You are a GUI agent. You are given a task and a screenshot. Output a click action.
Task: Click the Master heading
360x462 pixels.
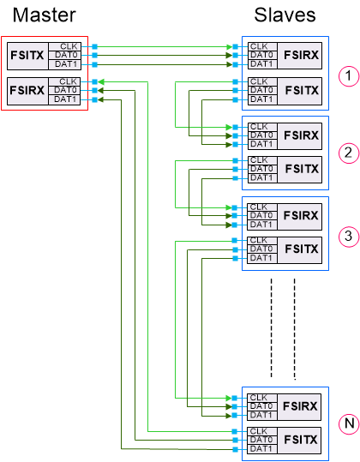pos(39,15)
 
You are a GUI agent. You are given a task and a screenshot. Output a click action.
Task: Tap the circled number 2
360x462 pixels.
pos(347,153)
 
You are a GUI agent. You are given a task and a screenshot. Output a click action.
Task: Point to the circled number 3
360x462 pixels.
pos(347,235)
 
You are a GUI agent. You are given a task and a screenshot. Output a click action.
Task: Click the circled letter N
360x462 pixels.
pos(347,423)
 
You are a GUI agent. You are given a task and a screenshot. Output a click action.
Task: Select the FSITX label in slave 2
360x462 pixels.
pos(301,171)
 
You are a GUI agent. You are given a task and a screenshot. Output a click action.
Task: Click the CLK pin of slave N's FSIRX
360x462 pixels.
pos(257,398)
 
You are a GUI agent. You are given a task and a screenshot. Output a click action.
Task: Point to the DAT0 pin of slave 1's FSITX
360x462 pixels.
pos(261,90)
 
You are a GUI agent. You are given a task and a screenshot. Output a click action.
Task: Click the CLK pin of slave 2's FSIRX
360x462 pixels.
pos(257,126)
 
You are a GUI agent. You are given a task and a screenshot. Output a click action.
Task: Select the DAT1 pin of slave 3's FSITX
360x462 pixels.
pos(261,258)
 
